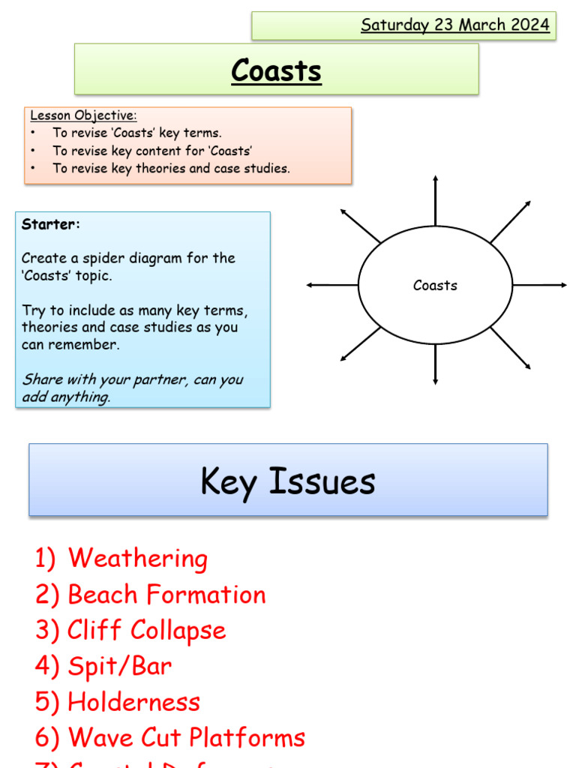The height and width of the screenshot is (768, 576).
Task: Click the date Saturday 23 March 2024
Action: (x=455, y=25)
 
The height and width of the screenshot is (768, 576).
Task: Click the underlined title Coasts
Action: (x=276, y=70)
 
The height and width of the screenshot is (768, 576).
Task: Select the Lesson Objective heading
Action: (x=83, y=115)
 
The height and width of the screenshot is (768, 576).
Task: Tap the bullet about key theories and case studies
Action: (x=170, y=168)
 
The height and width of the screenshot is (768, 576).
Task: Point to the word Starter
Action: (x=50, y=223)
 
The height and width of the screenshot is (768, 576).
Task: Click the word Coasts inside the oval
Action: (x=435, y=285)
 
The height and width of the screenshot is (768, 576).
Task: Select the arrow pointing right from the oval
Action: (x=540, y=285)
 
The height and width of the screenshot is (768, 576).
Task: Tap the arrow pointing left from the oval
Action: (x=331, y=285)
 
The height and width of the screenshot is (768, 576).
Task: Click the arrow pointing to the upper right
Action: (x=511, y=221)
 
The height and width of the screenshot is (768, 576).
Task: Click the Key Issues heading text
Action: (x=288, y=481)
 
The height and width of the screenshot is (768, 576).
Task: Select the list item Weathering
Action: (x=137, y=559)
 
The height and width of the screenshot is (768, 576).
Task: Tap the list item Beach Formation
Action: (x=166, y=595)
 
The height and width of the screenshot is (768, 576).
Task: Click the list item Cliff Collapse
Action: (x=146, y=630)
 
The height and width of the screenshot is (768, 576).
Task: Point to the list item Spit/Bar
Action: (x=119, y=666)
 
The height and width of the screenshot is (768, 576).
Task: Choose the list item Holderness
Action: (x=133, y=702)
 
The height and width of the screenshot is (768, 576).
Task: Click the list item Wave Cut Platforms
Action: (x=186, y=738)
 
